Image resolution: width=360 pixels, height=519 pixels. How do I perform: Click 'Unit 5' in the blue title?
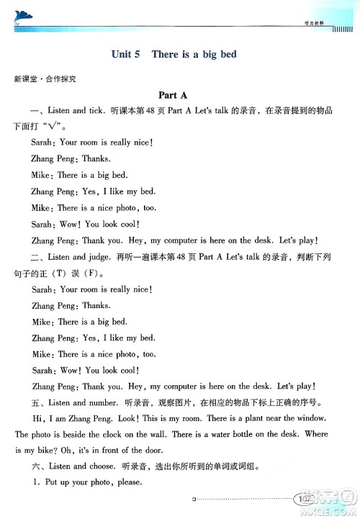pos(127,54)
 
